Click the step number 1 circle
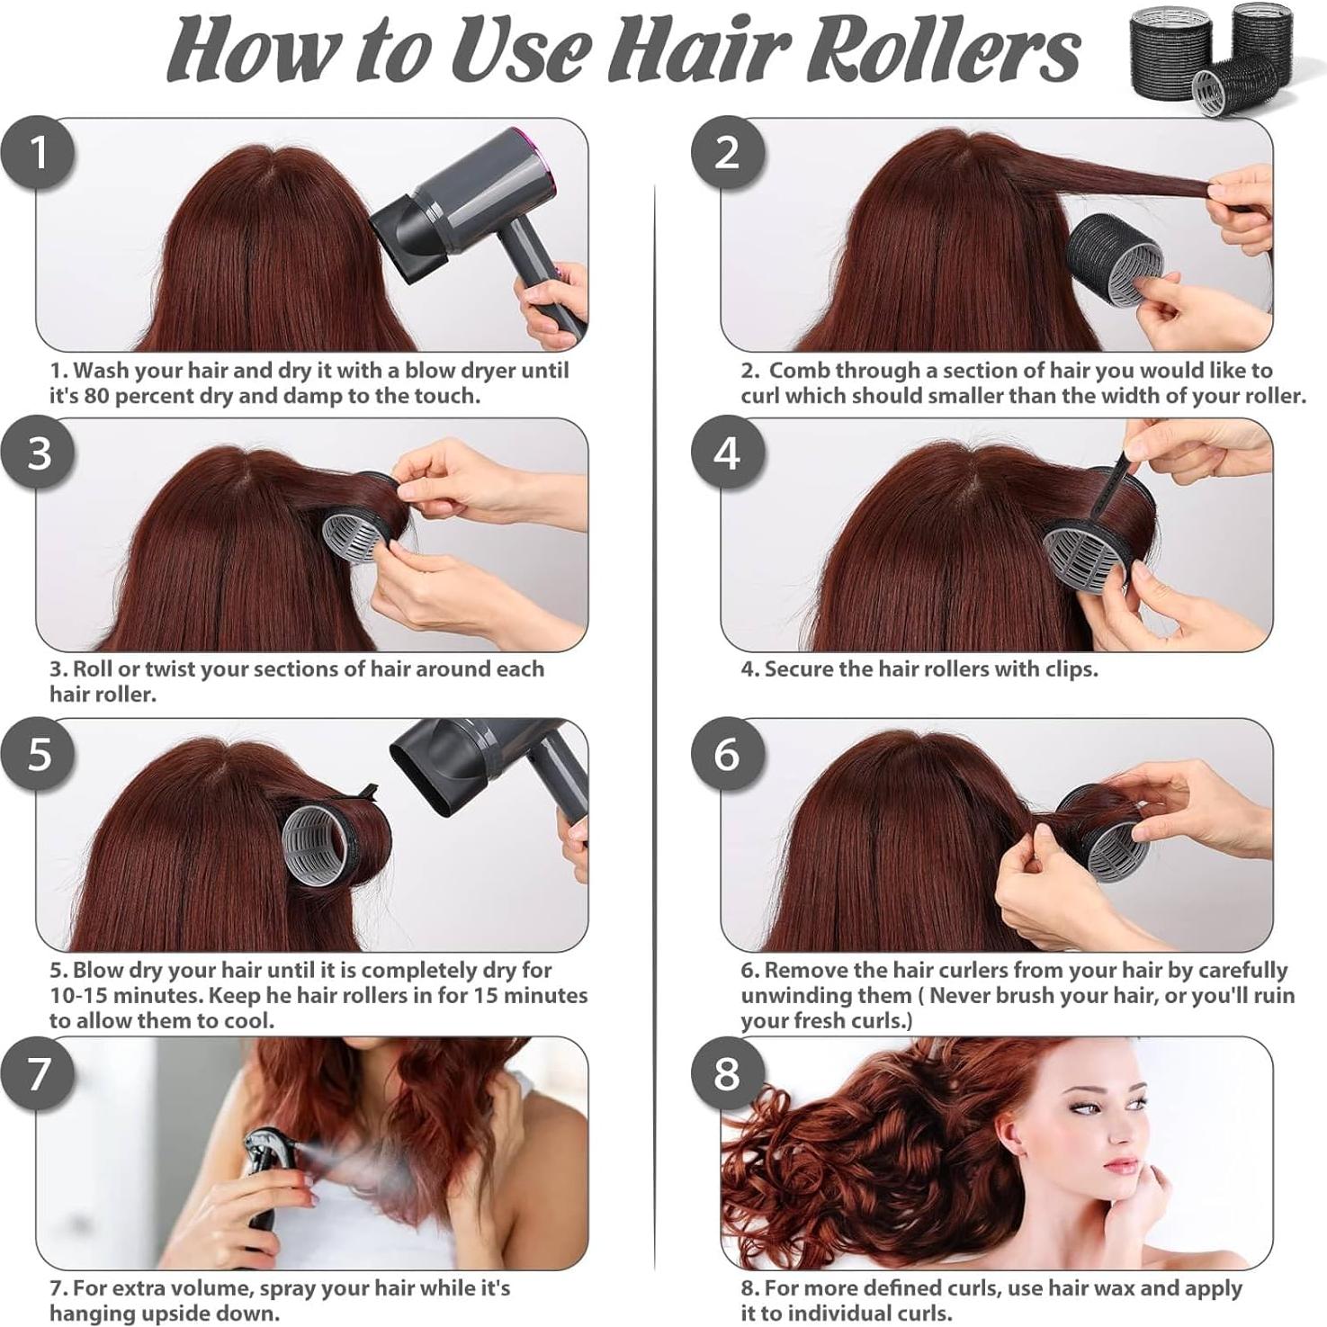point(38,153)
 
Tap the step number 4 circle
point(727,453)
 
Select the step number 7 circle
point(38,1073)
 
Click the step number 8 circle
point(727,1073)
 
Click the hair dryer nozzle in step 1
point(409,234)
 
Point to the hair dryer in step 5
point(477,765)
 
